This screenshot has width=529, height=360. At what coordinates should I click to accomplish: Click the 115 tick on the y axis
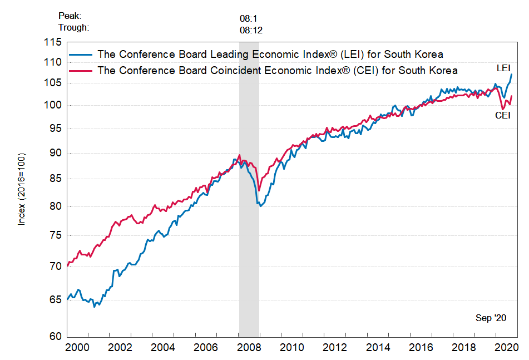click(x=53, y=42)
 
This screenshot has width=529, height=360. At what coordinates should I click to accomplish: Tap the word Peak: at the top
click(x=70, y=17)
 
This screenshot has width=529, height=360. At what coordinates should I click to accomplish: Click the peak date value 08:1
click(x=249, y=18)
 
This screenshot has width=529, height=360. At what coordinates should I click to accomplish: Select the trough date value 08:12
click(x=251, y=30)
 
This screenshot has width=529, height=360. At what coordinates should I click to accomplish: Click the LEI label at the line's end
click(x=503, y=68)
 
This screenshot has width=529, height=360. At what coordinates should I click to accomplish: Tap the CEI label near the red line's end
click(x=503, y=116)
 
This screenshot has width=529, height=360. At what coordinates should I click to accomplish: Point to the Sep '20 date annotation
click(x=491, y=318)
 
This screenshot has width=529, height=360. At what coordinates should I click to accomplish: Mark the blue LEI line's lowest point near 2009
click(x=260, y=206)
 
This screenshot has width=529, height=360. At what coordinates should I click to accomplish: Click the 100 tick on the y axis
click(x=53, y=105)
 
